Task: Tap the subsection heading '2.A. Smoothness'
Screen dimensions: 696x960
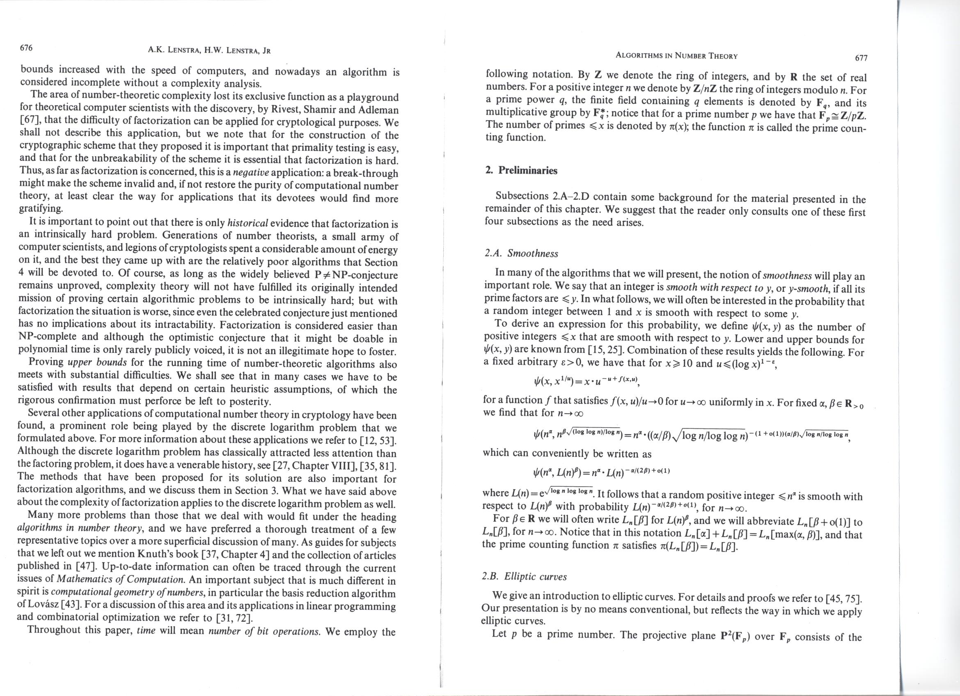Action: pyautogui.click(x=521, y=254)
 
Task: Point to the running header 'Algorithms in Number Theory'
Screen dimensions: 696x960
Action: pyautogui.click(x=676, y=56)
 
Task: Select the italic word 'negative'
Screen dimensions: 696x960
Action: pyautogui.click(x=251, y=173)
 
